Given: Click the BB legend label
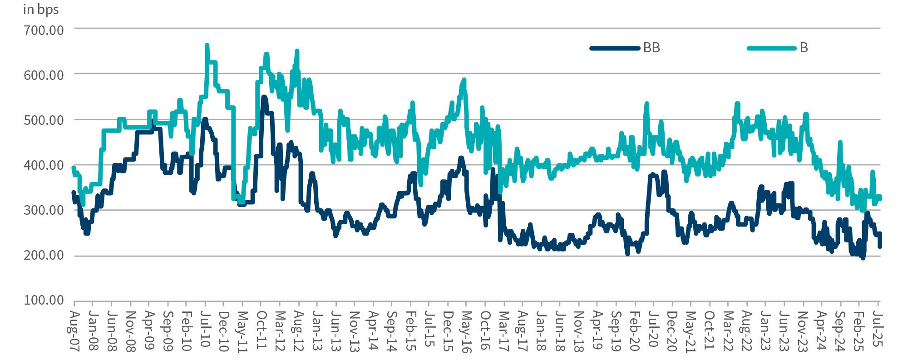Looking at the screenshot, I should point(651,48).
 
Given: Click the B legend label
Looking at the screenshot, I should point(804,48).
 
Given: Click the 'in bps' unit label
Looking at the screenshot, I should point(41,10).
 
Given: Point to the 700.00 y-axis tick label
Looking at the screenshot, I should point(44,30).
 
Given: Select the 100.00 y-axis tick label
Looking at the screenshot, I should point(44,301).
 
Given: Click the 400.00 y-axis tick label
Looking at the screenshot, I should point(44,165).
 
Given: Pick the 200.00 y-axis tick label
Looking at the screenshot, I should point(44,256).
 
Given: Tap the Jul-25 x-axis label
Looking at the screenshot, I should point(878,330).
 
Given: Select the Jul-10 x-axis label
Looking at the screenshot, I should point(205,330).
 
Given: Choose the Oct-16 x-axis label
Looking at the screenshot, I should point(485,330).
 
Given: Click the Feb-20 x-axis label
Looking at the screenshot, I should point(635,330).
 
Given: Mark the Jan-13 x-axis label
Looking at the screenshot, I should point(317,330).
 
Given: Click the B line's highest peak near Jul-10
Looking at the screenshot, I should point(207,45).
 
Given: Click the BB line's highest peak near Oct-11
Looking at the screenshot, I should point(264,97).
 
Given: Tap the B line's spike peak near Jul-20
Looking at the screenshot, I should point(646,104).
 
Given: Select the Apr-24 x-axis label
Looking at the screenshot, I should point(821,330).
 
